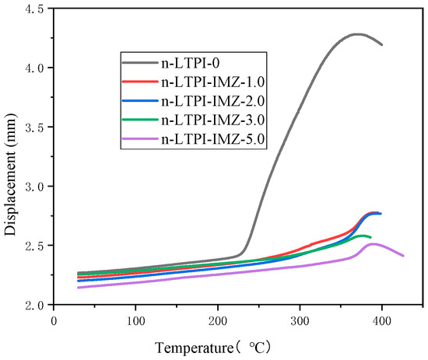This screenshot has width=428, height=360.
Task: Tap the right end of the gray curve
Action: [x=381, y=44]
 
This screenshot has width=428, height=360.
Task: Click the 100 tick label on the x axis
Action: [x=135, y=320]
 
